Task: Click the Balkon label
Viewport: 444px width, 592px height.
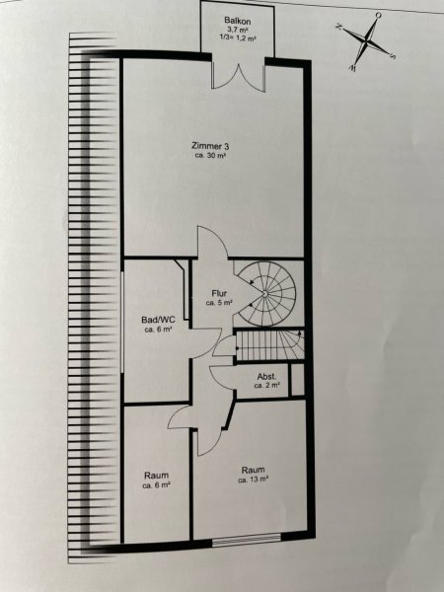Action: click(237, 21)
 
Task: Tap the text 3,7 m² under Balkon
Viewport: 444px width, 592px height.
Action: click(237, 30)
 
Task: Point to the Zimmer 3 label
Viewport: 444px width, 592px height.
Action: click(210, 146)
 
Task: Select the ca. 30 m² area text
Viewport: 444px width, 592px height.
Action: click(210, 155)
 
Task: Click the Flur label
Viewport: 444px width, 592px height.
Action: click(219, 293)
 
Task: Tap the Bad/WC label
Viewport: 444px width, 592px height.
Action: click(158, 320)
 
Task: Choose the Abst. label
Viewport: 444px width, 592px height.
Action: click(267, 377)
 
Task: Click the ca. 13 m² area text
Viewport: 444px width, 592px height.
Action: click(253, 480)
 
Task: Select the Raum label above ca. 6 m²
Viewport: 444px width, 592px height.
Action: click(156, 476)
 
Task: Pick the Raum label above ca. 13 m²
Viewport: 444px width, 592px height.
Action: click(253, 470)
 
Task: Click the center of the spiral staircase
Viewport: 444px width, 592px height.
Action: click(265, 293)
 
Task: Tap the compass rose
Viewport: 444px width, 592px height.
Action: click(365, 40)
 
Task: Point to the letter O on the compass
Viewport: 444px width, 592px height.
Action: click(378, 15)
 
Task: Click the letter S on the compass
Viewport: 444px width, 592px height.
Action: click(393, 56)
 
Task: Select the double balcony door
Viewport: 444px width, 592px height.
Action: click(238, 76)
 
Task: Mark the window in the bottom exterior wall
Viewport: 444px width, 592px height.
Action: click(247, 540)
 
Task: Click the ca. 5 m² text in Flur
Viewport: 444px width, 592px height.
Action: click(219, 303)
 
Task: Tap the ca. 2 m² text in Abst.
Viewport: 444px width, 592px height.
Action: click(267, 386)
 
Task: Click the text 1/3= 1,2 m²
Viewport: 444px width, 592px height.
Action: click(238, 37)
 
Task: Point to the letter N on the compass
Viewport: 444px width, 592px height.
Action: click(338, 27)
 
